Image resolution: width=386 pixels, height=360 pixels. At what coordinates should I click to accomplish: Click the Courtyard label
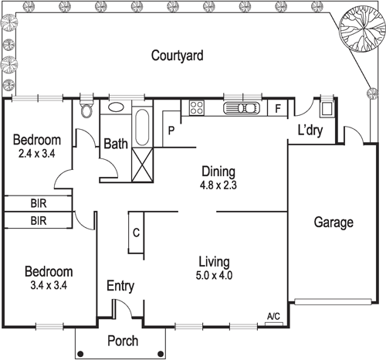click(177, 56)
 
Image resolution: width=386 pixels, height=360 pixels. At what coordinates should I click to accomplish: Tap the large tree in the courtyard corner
click(359, 29)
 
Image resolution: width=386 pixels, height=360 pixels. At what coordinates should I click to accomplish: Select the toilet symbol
click(86, 110)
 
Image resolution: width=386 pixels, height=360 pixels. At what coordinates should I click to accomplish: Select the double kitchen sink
click(242, 108)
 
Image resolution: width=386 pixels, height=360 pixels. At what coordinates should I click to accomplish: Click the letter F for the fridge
click(278, 109)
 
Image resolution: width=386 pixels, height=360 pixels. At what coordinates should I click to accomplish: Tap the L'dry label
click(310, 131)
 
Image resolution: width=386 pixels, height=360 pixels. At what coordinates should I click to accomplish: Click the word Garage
click(333, 222)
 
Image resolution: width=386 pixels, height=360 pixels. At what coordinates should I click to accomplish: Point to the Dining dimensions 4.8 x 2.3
click(218, 185)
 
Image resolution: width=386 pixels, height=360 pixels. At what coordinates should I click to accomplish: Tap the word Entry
click(120, 286)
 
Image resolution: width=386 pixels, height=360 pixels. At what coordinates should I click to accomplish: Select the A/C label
click(273, 317)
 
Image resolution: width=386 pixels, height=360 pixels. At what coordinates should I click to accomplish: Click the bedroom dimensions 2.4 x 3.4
click(38, 154)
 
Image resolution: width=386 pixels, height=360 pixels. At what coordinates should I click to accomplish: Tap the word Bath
click(116, 144)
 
